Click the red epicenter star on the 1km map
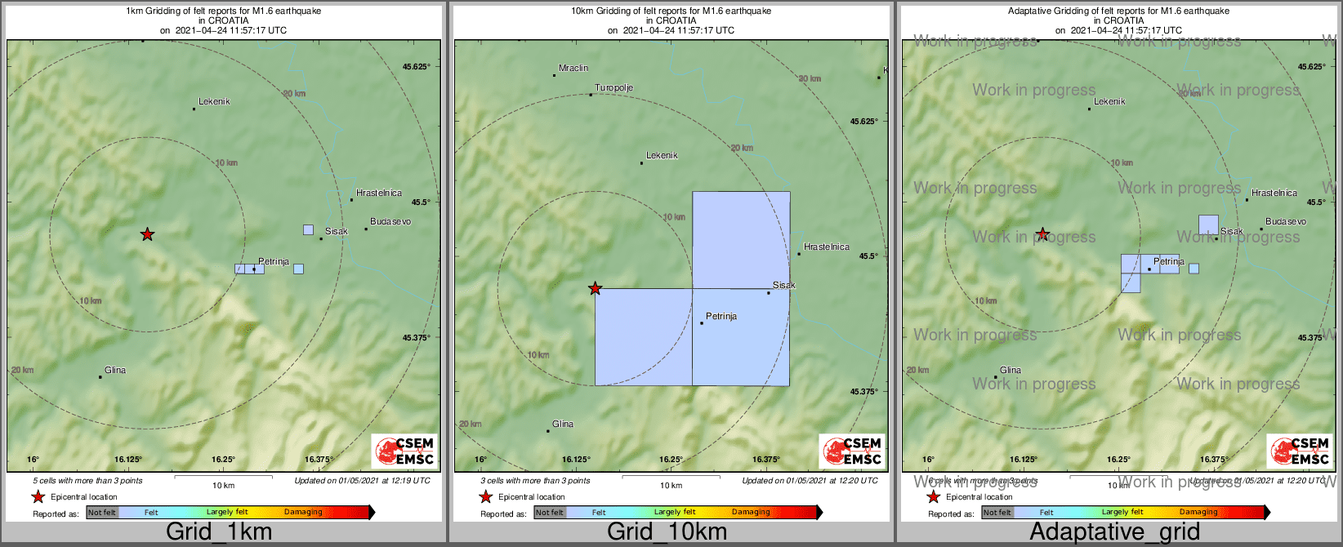point(147,234)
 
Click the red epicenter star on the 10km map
point(595,288)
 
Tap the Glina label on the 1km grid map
point(115,371)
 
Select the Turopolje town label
point(613,88)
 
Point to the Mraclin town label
point(573,69)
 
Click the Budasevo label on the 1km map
point(390,222)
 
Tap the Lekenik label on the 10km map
point(662,156)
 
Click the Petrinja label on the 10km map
point(721,317)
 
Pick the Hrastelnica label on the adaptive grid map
point(1274,193)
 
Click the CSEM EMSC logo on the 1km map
point(404,451)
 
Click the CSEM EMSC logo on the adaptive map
point(1300,451)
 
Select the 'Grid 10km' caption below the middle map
point(667,532)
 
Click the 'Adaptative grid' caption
point(1114,532)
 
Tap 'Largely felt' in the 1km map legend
point(227,513)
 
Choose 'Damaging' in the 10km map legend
point(751,513)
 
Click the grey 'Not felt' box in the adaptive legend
point(996,513)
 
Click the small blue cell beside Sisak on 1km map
point(308,230)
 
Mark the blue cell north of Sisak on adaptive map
point(1208,225)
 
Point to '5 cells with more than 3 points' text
point(87,481)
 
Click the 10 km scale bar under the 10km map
point(671,477)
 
